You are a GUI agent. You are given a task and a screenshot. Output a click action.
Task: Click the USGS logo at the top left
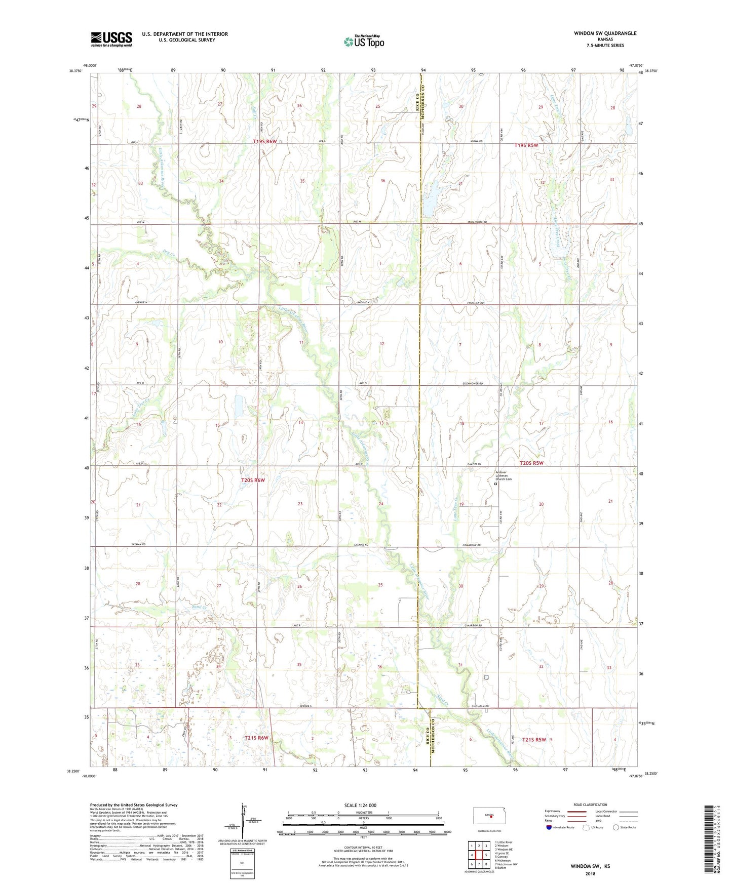[x=111, y=39]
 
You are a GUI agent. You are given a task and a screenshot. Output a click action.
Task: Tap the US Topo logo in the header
[x=363, y=42]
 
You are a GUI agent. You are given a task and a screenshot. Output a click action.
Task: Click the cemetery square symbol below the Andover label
[x=495, y=484]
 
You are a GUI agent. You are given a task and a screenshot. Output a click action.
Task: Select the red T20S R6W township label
[x=253, y=479]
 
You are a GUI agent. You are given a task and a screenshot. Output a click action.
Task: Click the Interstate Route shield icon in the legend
[x=550, y=827]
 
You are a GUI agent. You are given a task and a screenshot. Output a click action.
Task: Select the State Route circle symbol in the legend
[x=616, y=827]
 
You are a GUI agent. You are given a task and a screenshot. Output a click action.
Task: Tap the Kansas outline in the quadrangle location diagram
[x=488, y=815]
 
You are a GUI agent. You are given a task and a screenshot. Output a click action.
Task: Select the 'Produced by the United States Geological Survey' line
[x=134, y=805]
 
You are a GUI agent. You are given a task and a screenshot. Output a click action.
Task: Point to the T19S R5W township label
[x=526, y=145]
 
